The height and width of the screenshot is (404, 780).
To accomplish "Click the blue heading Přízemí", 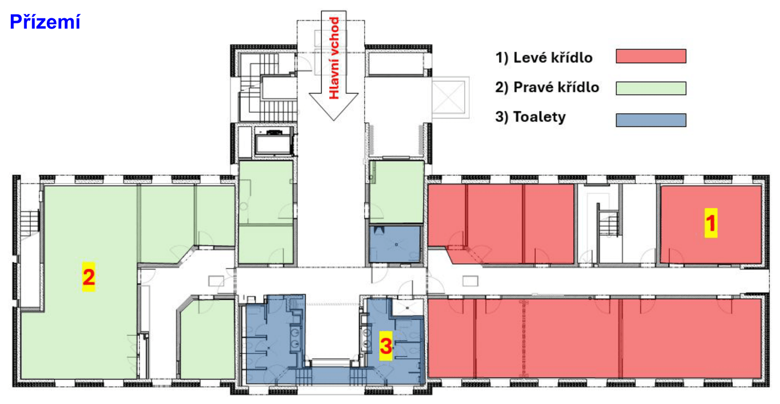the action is point(45,22).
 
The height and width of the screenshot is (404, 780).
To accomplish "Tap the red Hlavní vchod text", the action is point(334,58).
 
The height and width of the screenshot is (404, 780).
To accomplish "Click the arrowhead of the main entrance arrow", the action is point(333,107).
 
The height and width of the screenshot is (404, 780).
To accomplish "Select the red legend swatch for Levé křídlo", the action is point(651,56).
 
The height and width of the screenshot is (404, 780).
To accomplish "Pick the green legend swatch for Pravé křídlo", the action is point(651,88).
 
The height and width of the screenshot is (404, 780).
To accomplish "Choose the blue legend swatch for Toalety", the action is point(651,120).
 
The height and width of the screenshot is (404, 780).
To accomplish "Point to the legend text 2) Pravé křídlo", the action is point(547,87).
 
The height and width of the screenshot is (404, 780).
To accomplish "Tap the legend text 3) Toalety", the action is point(530,117).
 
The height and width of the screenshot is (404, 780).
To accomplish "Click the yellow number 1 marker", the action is point(711,223).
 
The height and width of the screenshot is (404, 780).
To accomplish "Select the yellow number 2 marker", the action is point(89,277).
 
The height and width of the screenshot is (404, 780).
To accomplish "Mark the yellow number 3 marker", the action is point(386,346).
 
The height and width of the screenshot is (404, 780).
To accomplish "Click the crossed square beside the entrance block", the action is point(449,97).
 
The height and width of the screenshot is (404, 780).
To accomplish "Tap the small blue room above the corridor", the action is point(395,244).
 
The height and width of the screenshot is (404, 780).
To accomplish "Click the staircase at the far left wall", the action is point(30,223).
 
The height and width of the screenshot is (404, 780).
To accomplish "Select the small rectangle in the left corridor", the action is point(216,281).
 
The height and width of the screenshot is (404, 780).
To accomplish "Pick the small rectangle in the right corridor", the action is point(470,281).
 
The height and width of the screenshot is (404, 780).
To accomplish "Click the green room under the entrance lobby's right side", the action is point(397,192).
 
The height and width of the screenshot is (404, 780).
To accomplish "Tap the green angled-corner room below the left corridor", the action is point(207,338).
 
